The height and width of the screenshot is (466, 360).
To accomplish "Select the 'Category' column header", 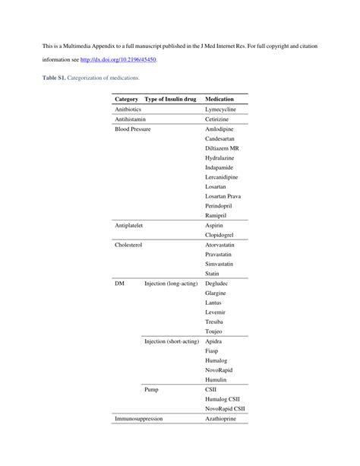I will (126, 100).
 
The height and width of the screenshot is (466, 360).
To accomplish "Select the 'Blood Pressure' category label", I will (132, 129).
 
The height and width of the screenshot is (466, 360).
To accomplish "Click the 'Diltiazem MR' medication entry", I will (222, 148).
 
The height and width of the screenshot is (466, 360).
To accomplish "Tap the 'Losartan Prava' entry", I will (224, 196).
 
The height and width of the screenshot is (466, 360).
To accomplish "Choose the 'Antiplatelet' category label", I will (129, 226).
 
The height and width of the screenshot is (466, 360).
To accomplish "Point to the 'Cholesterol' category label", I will (128, 246).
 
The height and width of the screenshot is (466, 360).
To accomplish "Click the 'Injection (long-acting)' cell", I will (171, 284).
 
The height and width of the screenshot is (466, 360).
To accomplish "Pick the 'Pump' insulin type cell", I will (151, 389).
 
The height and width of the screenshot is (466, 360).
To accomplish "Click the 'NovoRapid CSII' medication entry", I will (225, 408).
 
